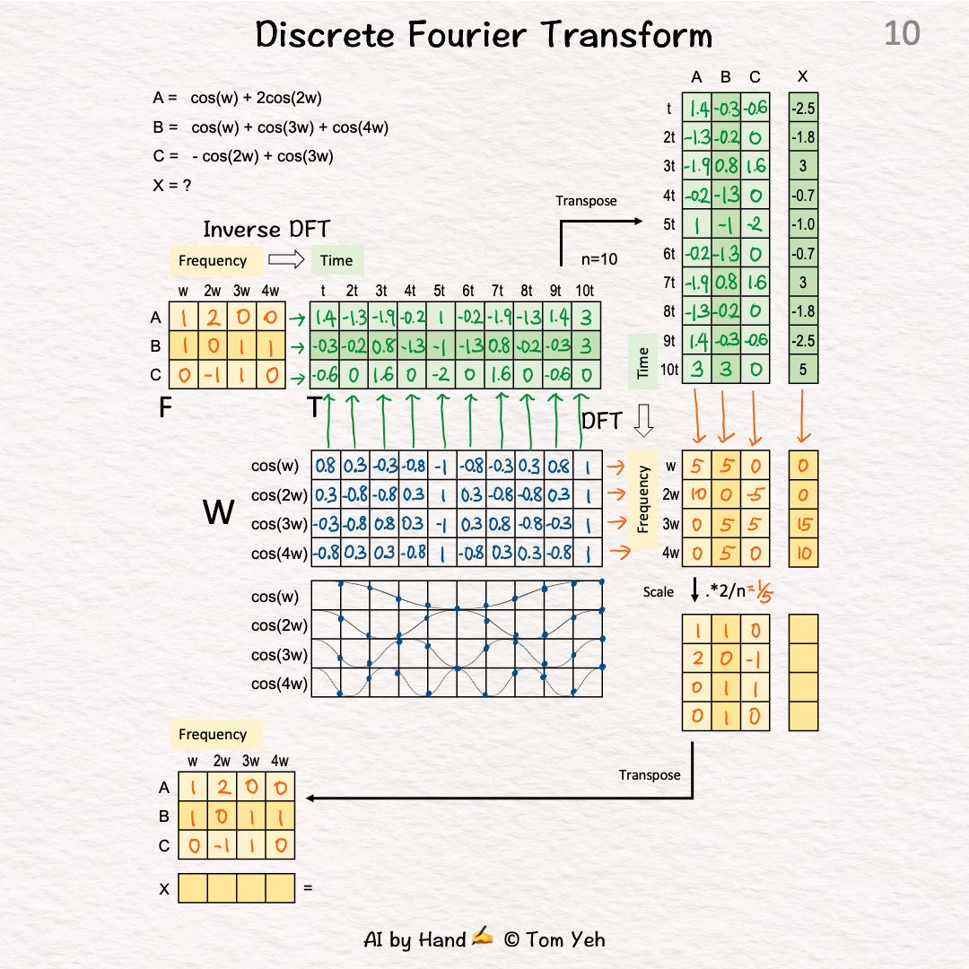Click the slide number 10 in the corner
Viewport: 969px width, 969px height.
point(902,34)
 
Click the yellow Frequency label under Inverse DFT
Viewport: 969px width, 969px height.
point(213,261)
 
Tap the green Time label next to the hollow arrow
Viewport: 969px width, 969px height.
point(336,261)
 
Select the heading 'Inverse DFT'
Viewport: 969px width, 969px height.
point(254,230)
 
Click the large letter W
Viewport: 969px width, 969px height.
point(219,512)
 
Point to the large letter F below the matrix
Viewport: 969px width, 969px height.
point(165,409)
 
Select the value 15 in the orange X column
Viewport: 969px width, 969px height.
point(803,524)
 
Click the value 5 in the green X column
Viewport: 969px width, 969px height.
point(803,369)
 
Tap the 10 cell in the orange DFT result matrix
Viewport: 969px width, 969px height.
point(696,495)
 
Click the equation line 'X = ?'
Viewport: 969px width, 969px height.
point(172,186)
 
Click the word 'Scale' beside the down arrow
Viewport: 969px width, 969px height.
point(659,592)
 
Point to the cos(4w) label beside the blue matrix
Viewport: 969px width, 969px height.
point(279,553)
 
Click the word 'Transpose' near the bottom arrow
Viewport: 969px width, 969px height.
point(650,774)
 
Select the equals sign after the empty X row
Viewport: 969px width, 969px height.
point(309,888)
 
